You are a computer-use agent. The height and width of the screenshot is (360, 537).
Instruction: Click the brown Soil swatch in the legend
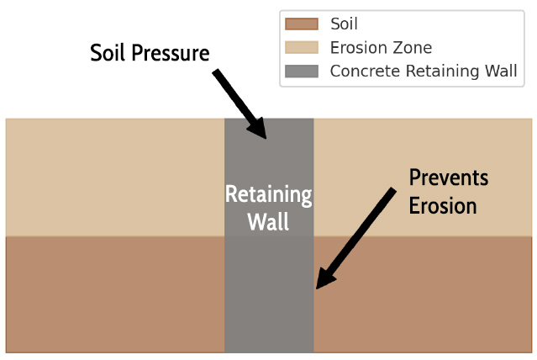302,24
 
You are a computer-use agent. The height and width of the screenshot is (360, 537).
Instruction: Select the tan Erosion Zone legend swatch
302,47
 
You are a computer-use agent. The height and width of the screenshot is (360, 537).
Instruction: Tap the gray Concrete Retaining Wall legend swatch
302,71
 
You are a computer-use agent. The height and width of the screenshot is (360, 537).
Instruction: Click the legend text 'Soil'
344,24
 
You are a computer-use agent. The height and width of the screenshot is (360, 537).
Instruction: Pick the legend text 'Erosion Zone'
381,47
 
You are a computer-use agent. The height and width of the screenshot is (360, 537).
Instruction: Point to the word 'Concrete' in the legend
365,71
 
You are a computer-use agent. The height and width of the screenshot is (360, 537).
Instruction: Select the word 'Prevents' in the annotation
449,177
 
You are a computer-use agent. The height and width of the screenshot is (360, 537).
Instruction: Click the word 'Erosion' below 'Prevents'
443,206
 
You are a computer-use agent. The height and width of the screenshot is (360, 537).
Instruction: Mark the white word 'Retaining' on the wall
269,195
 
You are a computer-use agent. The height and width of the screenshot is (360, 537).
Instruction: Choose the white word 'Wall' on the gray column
269,221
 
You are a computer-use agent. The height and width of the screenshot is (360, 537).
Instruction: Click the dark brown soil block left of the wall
115,294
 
